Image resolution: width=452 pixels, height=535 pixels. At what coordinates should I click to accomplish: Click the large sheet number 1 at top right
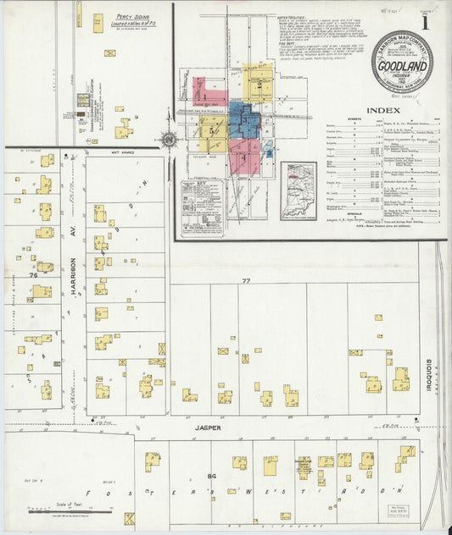[x=425, y=24]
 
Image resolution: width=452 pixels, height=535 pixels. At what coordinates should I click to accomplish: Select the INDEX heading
[x=383, y=110]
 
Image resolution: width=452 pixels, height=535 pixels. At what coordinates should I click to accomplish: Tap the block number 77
[x=246, y=280]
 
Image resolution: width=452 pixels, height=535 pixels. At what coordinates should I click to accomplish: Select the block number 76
[x=33, y=275]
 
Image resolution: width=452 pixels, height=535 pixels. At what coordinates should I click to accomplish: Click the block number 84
[x=211, y=477]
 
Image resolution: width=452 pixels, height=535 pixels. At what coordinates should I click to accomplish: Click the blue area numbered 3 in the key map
[x=244, y=124]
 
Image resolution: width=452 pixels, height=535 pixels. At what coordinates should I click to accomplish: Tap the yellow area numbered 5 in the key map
[x=212, y=132]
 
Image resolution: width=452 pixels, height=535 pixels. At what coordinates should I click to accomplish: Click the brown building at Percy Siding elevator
[x=83, y=101]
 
